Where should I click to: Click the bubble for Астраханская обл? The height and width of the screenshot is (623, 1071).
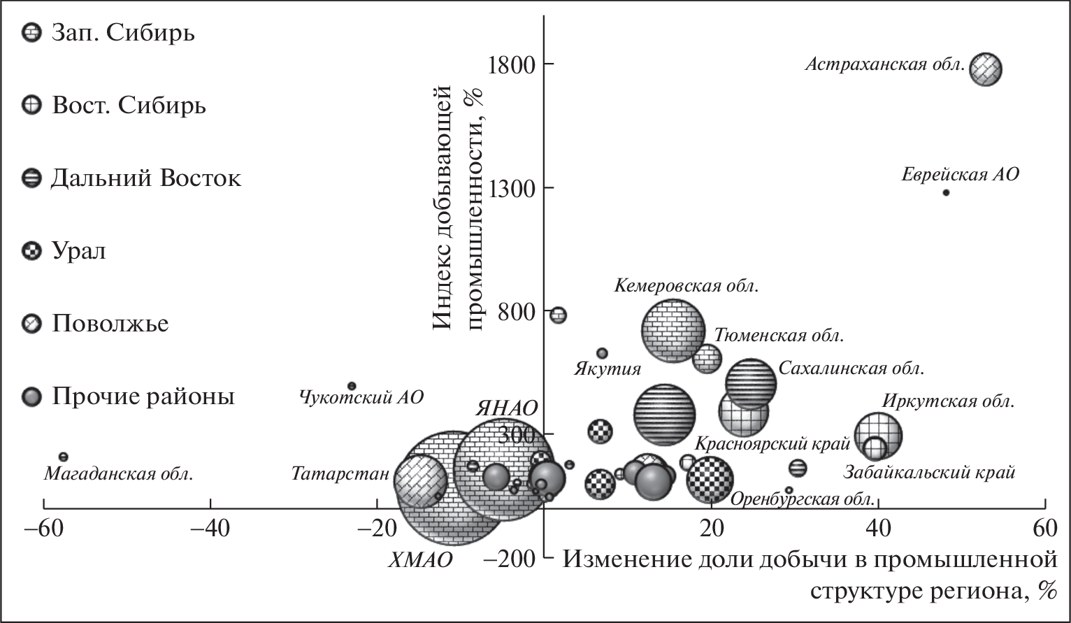(986, 69)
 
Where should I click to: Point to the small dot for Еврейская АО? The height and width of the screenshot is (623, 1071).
(946, 192)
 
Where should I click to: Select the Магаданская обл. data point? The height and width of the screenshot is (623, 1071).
(63, 457)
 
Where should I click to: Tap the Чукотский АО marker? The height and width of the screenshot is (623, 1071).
(352, 386)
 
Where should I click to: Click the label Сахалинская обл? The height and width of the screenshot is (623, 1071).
(851, 368)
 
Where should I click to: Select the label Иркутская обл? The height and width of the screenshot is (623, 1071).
(947, 401)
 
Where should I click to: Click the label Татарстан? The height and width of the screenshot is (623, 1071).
(340, 474)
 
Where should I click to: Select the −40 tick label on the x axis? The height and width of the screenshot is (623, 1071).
(210, 529)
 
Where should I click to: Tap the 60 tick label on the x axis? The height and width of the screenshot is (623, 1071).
(1045, 529)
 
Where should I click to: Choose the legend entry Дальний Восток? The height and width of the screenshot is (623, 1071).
(145, 178)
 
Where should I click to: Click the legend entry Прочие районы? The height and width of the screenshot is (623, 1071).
(142, 397)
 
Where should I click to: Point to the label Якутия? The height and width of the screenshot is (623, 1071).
(608, 368)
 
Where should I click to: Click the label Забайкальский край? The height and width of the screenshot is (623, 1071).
(928, 473)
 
